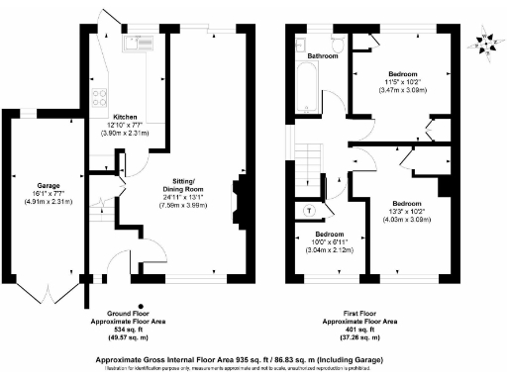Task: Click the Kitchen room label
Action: pyautogui.click(x=126, y=117)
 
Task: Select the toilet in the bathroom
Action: pyautogui.click(x=338, y=44)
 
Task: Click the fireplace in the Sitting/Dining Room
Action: pyautogui.click(x=236, y=202)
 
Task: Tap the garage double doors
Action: pyautogui.click(x=47, y=293)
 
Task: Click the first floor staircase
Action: pyautogui.click(x=309, y=158)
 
